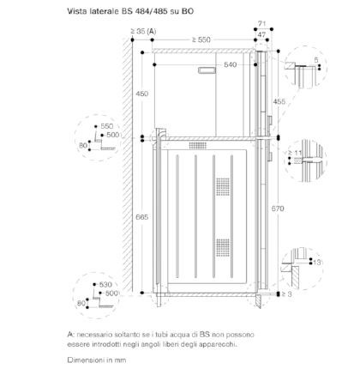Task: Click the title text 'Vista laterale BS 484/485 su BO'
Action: (x=130, y=11)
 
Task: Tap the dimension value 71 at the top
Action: (x=262, y=23)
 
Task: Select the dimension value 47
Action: (x=261, y=34)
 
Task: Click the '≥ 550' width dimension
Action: (x=201, y=39)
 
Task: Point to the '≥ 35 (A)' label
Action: (x=143, y=31)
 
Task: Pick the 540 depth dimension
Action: (x=231, y=64)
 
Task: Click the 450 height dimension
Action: (x=141, y=94)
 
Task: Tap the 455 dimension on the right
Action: (x=279, y=101)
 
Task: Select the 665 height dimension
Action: (x=141, y=217)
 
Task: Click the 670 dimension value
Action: (x=278, y=209)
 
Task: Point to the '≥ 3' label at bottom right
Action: (x=286, y=294)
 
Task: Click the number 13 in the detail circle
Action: (x=317, y=262)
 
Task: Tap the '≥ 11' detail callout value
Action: (x=295, y=153)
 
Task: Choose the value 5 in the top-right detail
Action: (x=316, y=60)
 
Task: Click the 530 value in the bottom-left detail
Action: (x=105, y=285)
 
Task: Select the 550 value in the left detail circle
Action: (x=107, y=126)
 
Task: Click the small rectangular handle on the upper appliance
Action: (x=207, y=70)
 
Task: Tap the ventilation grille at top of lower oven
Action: (x=198, y=145)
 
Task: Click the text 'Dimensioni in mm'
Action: (x=97, y=360)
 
